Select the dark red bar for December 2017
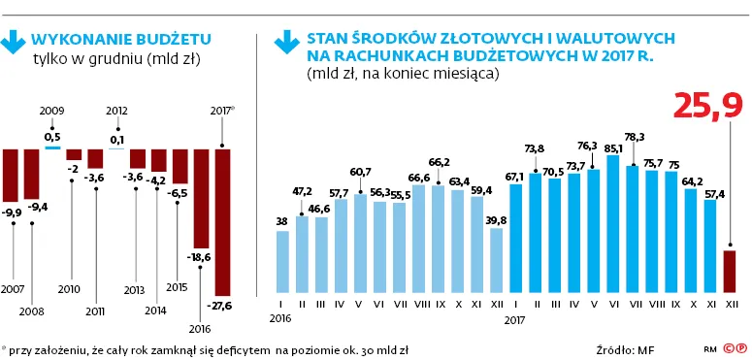point(730,272)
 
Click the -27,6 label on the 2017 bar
point(222,306)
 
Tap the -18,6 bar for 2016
point(201,199)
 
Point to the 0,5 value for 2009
point(52,137)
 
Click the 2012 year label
point(116,112)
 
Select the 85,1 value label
point(612,148)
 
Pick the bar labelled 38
point(282,260)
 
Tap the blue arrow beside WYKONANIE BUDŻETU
point(15,43)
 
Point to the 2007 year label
point(14,289)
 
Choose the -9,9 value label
point(12,213)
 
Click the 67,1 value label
point(515,177)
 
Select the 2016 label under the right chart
point(281,317)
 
